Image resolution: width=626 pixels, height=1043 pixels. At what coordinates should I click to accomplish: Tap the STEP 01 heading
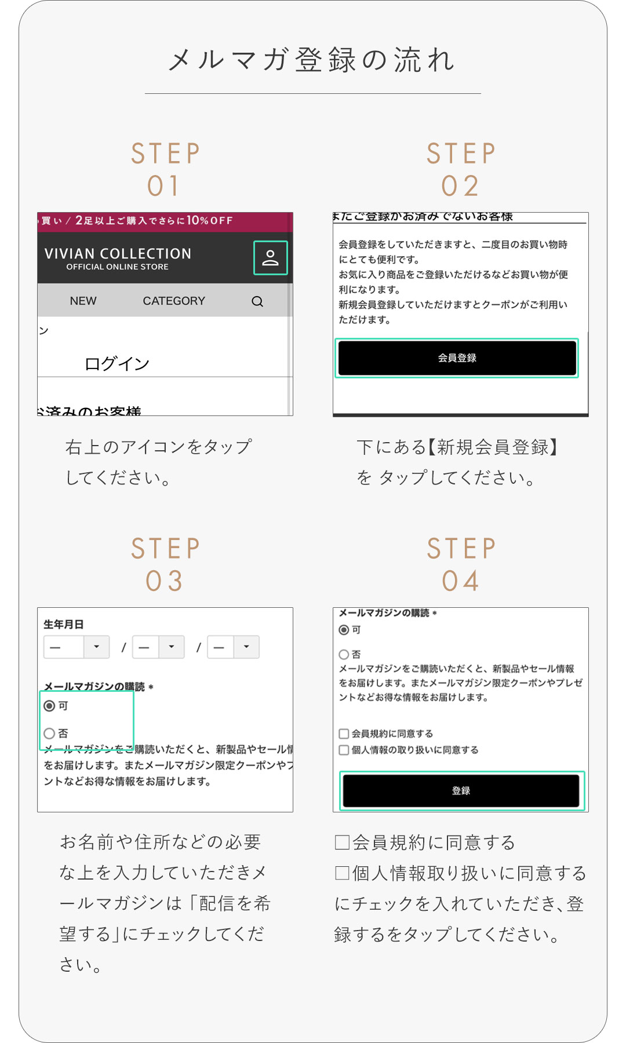click(x=165, y=169)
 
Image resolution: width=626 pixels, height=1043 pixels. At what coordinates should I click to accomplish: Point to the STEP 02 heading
click(x=461, y=169)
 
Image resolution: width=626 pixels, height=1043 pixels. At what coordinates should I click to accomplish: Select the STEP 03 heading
click(x=165, y=564)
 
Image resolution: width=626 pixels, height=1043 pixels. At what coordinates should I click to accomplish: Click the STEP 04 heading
click(x=461, y=564)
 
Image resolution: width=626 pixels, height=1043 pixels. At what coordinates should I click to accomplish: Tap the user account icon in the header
click(x=270, y=258)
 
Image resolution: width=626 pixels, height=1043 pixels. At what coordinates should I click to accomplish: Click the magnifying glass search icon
click(x=257, y=301)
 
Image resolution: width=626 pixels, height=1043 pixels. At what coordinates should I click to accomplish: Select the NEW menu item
click(x=83, y=301)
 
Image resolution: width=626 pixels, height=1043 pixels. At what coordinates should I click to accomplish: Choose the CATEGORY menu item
click(x=174, y=301)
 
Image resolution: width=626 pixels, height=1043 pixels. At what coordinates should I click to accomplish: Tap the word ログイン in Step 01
click(x=117, y=364)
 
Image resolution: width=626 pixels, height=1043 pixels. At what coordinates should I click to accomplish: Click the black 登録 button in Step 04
click(x=461, y=791)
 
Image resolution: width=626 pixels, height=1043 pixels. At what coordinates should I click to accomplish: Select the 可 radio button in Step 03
click(x=50, y=706)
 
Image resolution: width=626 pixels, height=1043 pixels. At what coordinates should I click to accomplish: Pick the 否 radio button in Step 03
click(x=50, y=734)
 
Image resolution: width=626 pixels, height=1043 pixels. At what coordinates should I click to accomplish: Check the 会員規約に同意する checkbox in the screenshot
click(x=344, y=734)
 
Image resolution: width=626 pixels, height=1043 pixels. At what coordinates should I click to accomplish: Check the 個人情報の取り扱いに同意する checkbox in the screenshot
click(x=344, y=750)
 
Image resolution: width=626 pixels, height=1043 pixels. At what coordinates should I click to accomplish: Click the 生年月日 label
click(x=64, y=624)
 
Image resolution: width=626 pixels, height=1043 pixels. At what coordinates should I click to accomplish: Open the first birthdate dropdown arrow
click(x=97, y=647)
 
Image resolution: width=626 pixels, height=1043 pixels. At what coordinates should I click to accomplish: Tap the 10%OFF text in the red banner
click(x=209, y=221)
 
